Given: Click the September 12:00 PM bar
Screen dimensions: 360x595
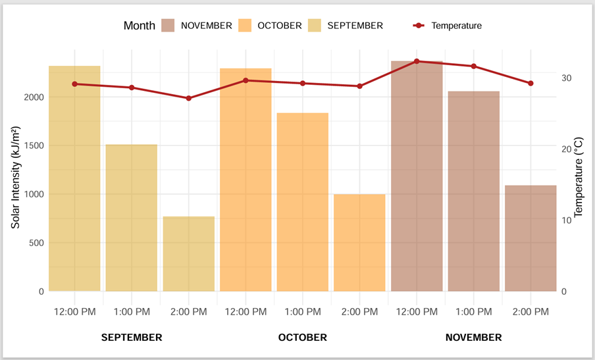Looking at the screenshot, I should [74, 178].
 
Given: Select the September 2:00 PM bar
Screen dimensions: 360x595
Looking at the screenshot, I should [188, 253].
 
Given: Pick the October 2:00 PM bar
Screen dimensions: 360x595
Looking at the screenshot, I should [359, 242].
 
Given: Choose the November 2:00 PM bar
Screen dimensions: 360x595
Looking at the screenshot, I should [530, 238].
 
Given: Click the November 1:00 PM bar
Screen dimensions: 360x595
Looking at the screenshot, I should [473, 191].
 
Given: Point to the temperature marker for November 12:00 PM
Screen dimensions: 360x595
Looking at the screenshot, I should [417, 61].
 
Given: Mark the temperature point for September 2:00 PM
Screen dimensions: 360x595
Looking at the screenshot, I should [188, 98].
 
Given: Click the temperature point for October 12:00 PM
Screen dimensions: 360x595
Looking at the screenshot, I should [246, 80].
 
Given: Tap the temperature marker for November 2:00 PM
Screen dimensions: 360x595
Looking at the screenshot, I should [530, 83].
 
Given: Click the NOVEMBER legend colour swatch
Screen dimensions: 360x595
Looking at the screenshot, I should [168, 26].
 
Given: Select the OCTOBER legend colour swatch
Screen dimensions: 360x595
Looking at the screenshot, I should [245, 26].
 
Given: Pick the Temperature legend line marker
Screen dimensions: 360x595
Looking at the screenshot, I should [419, 26].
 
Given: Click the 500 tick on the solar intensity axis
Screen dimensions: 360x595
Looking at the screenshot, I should [37, 243].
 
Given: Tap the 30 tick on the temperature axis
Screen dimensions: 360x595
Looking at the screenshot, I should [567, 78].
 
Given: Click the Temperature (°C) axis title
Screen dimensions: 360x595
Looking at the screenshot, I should [579, 177].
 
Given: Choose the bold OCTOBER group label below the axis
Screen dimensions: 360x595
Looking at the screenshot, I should [302, 338].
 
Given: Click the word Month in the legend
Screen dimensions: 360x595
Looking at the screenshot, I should [139, 26].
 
